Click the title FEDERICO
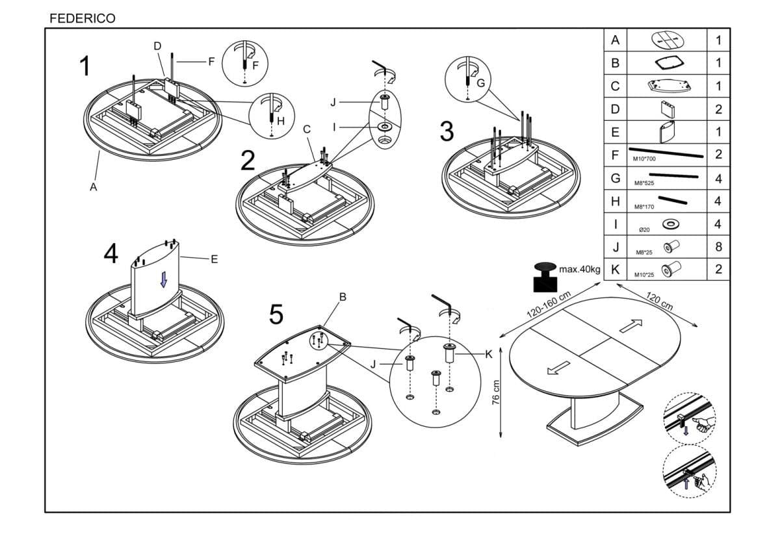tap(83, 18)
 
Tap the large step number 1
tap(84, 66)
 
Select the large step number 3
tap(447, 131)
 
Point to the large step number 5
tap(276, 315)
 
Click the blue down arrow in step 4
tap(164, 279)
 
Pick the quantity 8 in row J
tap(718, 247)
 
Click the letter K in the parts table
tap(615, 269)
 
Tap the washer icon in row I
tap(669, 224)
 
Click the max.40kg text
tap(579, 268)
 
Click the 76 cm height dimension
tap(495, 391)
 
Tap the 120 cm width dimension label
tap(659, 301)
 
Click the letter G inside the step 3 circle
tap(480, 83)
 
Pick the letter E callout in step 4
tap(214, 259)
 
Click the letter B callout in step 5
tap(343, 297)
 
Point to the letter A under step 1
tap(94, 186)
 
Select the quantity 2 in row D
tap(718, 109)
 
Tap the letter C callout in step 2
tap(307, 129)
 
